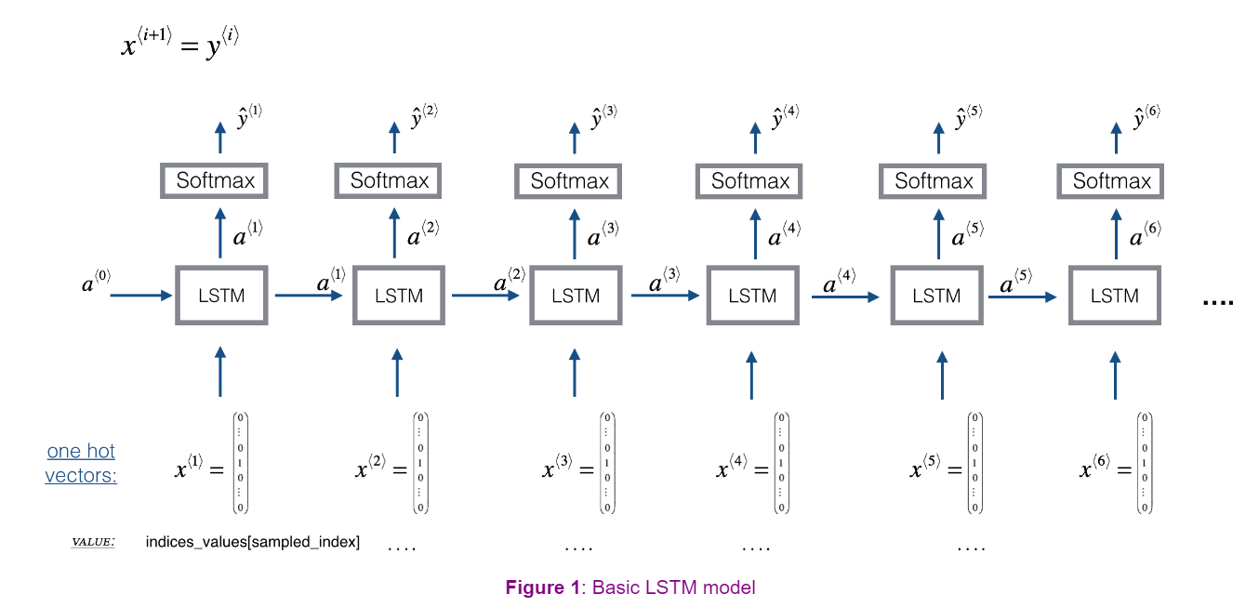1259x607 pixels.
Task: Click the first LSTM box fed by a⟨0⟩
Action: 221,296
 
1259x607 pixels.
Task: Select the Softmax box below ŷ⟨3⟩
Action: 569,180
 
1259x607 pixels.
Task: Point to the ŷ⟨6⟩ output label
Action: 1146,118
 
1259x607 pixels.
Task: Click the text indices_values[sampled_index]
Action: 252,541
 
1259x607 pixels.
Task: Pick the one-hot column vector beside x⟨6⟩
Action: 1145,463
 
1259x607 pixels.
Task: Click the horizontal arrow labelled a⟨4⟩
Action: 844,297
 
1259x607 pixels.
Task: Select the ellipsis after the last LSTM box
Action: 1217,302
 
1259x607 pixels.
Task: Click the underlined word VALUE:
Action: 93,541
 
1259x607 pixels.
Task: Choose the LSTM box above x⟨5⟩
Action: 935,296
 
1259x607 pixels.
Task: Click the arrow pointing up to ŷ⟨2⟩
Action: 394,137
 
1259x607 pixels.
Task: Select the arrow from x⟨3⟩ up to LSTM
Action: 575,372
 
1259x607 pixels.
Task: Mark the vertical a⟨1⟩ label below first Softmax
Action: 247,234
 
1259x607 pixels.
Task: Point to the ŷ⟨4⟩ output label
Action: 786,118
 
